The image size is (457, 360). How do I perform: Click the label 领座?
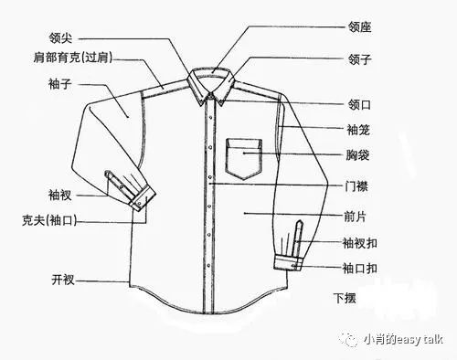pos(335,27)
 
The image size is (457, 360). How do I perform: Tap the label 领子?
pos(335,61)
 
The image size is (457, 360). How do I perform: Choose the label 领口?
pos(335,104)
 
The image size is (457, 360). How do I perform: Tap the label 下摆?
pos(344,298)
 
